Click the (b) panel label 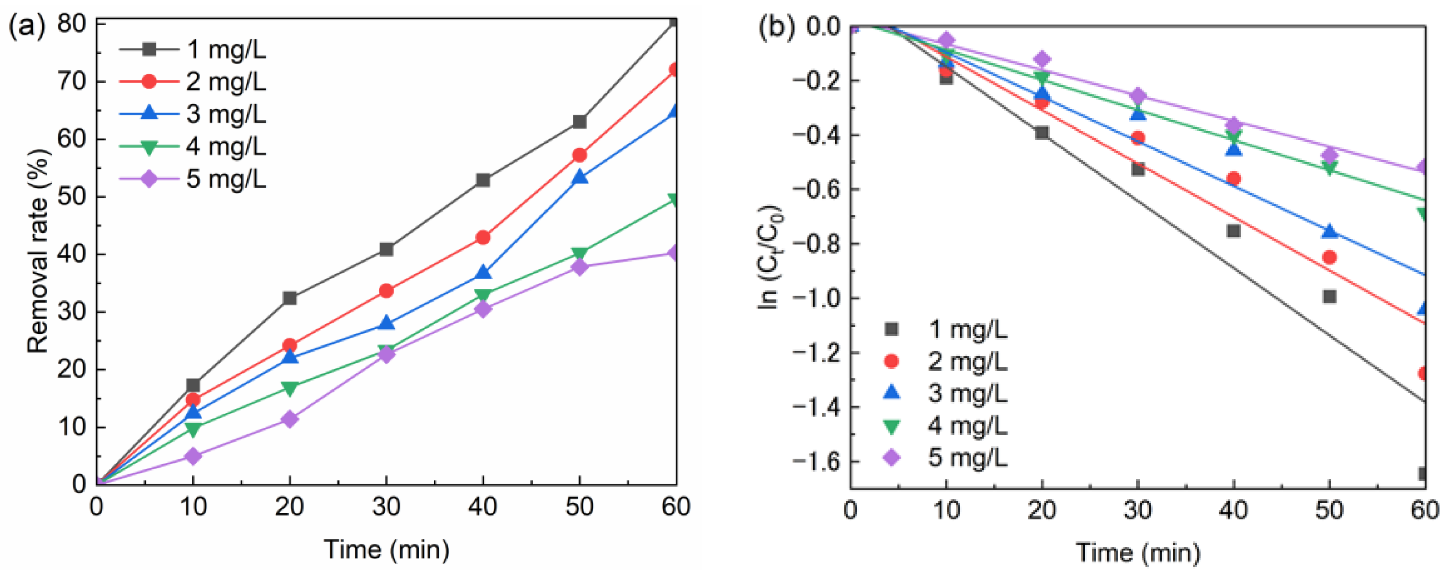tap(777, 28)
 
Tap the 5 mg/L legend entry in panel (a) tap(225, 180)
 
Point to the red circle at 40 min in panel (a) tap(483, 238)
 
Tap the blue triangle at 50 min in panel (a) tap(579, 178)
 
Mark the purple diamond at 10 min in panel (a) tap(193, 456)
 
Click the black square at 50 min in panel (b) tap(1329, 296)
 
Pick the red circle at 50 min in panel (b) tap(1329, 258)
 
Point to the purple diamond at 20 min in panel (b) tap(1042, 59)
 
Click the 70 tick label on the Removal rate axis tap(72, 82)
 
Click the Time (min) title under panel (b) tap(1138, 553)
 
